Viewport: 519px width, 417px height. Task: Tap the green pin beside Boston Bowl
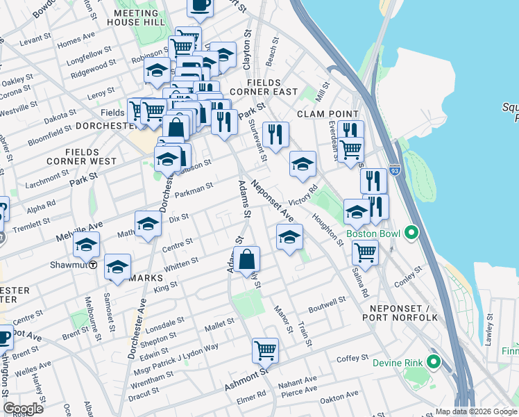pos(411,232)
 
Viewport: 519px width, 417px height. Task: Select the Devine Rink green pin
pos(435,362)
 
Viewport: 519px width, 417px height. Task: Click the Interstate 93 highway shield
pos(395,170)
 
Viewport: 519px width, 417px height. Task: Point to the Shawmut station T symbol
pos(92,265)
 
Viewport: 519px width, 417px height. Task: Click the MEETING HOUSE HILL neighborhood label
pos(136,18)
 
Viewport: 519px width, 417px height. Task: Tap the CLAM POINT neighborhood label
pos(328,114)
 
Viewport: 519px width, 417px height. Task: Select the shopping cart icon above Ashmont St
pos(265,350)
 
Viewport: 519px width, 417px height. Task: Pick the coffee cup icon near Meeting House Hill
pos(200,6)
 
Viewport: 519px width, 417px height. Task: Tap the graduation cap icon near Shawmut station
pos(87,245)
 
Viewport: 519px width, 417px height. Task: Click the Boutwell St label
pos(327,304)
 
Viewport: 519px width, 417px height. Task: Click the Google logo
pos(24,409)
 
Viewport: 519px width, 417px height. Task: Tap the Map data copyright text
pos(475,411)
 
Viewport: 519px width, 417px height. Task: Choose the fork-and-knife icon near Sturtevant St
pos(275,134)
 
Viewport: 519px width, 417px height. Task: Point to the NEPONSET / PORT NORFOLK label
pos(400,312)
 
